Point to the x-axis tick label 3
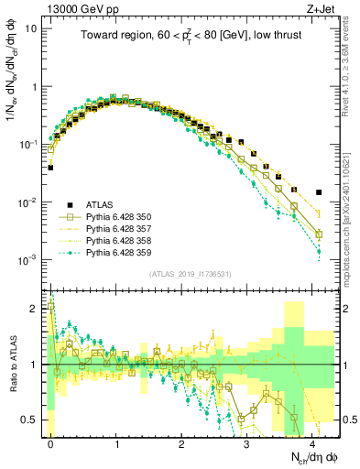pos(246,442)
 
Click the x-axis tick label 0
pos(51,442)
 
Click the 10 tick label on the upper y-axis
pos(32,28)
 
